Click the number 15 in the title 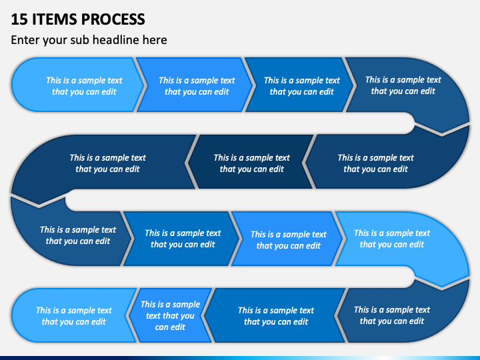(x=19, y=19)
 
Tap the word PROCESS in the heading (x=113, y=19)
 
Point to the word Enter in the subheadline (x=25, y=40)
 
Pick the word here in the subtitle (x=155, y=40)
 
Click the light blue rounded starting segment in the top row (x=77, y=85)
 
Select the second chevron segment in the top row (x=195, y=85)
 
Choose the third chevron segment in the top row (x=300, y=85)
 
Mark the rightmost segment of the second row (x=386, y=162)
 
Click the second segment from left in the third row (x=181, y=239)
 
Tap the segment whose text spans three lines (x=170, y=315)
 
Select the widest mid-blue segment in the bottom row (x=275, y=315)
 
